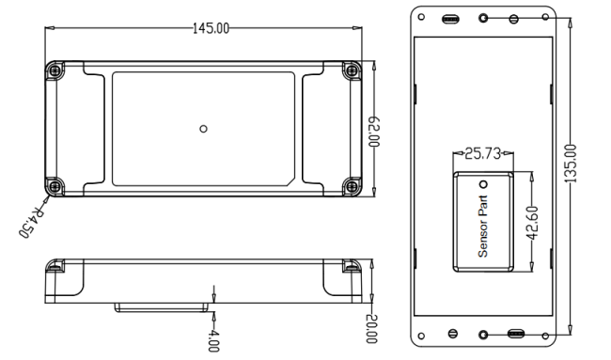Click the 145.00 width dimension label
(211, 28)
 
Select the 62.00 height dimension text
(374, 132)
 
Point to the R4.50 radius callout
(32, 221)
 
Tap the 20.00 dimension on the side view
(371, 329)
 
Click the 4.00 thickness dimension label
(213, 340)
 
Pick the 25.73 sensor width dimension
(482, 153)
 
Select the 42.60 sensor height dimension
(532, 223)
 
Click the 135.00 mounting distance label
(570, 164)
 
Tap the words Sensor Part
(483, 226)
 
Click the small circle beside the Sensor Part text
(483, 184)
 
